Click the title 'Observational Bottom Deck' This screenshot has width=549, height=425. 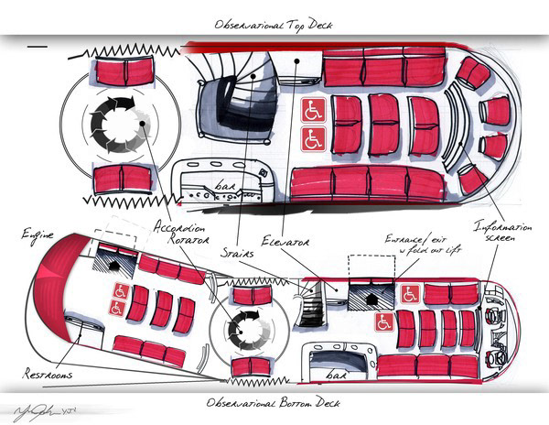point(274,403)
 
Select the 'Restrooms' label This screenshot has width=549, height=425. point(48,375)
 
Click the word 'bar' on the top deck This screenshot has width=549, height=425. point(224,186)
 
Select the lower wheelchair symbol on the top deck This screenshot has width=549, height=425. point(313,139)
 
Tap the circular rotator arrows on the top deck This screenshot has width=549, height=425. point(114,123)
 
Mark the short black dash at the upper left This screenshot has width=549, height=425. point(38,43)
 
